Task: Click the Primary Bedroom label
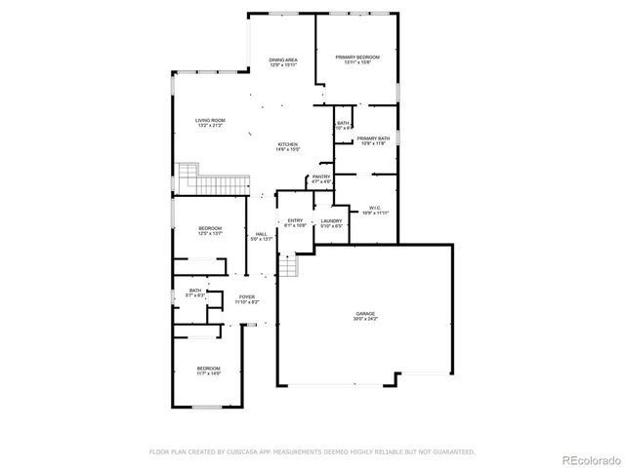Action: coord(357,58)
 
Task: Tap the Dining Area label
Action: coord(283,60)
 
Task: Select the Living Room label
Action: coord(211,120)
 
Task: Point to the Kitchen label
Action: coord(286,144)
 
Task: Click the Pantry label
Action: coord(322,176)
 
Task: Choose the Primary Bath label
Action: coord(373,138)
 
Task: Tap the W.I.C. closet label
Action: coord(375,207)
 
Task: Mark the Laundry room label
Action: coord(332,221)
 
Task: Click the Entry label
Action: coord(295,221)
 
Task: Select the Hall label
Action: coord(262,234)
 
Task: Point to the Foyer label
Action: coord(246,297)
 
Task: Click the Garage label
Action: coord(366,314)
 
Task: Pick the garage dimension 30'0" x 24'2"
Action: coord(366,320)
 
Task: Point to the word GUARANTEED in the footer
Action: coord(452,452)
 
